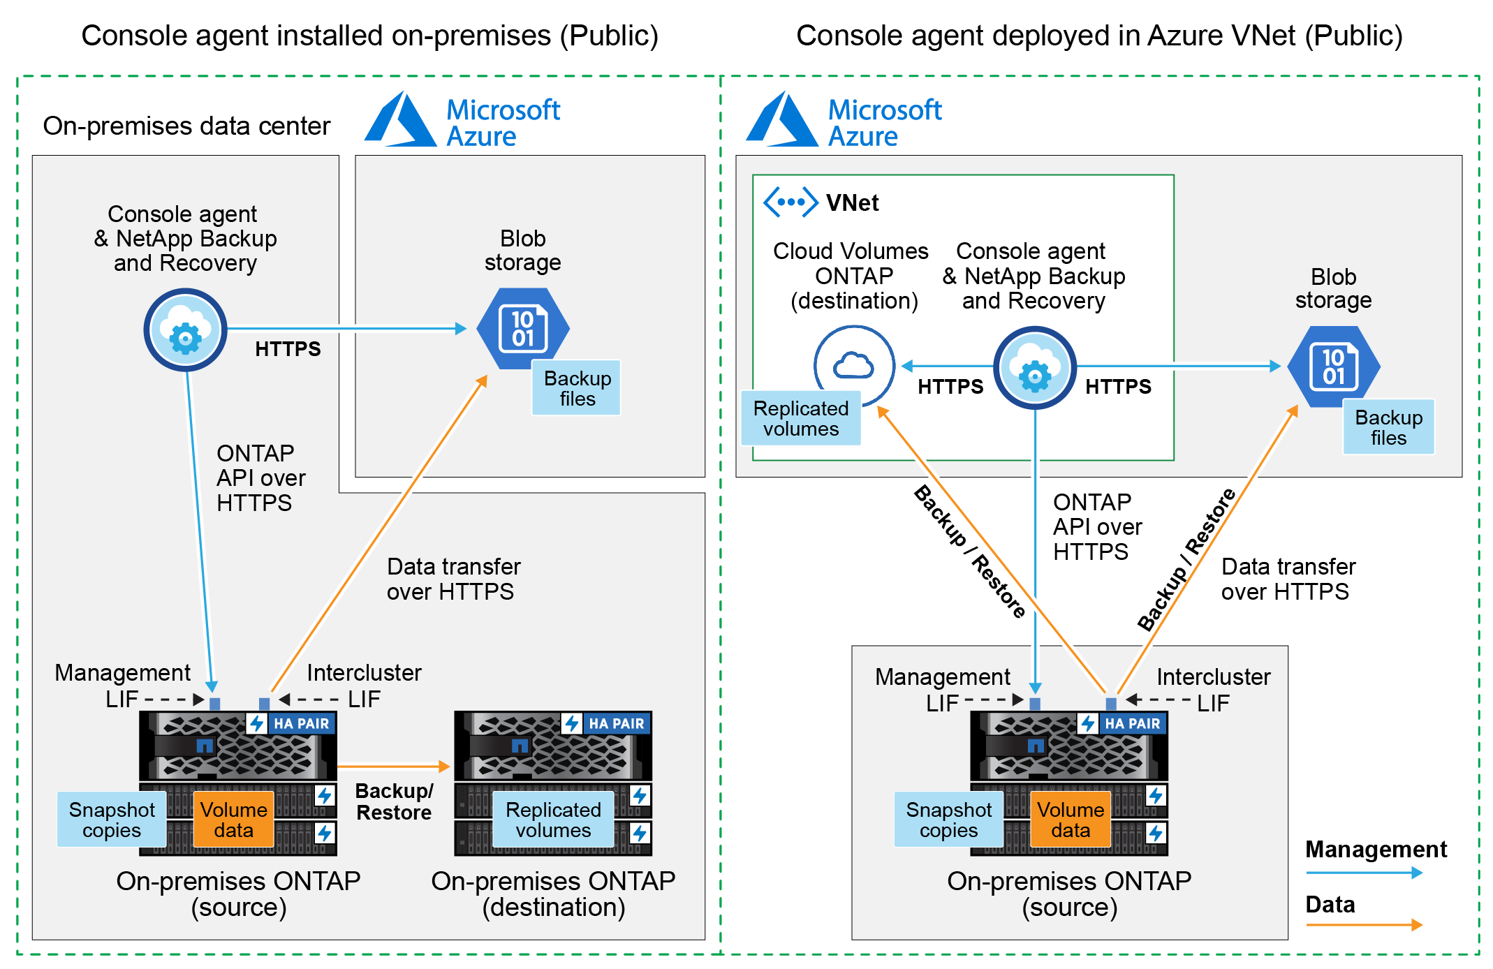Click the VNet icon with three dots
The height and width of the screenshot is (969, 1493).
[790, 202]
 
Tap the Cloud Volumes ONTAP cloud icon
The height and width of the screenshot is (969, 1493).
[853, 364]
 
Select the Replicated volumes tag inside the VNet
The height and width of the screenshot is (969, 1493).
[801, 418]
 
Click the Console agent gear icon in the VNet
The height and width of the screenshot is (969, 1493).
[1034, 368]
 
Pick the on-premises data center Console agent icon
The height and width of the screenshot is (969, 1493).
[185, 330]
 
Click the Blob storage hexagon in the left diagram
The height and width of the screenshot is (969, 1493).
[522, 328]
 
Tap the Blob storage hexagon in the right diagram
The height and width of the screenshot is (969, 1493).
[1333, 367]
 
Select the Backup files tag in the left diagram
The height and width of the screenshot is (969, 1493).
[577, 388]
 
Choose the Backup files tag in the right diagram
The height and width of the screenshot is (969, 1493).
[1388, 427]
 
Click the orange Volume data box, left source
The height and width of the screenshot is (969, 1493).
[233, 820]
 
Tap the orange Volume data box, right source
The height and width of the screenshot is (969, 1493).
[1071, 820]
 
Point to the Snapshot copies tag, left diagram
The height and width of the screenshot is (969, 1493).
[112, 820]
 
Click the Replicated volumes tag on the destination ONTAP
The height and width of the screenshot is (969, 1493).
[553, 820]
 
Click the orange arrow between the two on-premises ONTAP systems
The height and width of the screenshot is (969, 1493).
[395, 767]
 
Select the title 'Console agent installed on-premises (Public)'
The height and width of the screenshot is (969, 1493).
[369, 36]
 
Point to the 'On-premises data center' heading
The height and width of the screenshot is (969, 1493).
[186, 126]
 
